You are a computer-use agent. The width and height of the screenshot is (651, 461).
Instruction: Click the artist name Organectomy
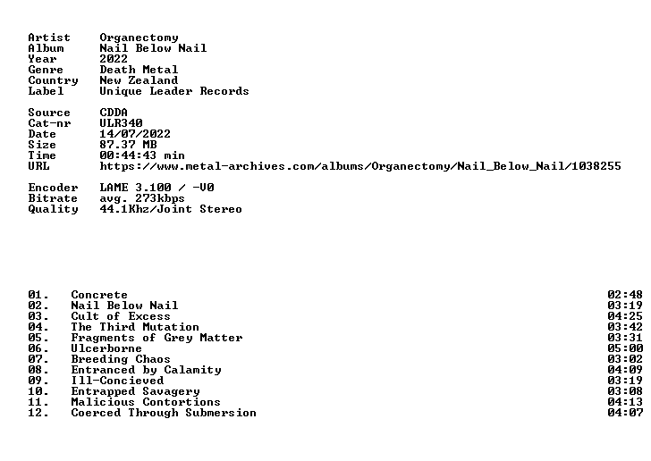[139, 38]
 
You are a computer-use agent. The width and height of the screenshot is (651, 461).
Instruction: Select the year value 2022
[114, 59]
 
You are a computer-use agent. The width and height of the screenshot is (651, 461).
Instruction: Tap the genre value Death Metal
[139, 70]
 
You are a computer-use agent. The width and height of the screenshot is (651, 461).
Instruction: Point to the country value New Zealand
[139, 80]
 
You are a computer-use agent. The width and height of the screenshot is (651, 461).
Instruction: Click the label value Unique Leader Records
[174, 91]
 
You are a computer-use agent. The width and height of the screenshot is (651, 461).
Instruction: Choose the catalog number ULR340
[122, 123]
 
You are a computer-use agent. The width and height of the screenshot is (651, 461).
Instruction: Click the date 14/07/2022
[135, 134]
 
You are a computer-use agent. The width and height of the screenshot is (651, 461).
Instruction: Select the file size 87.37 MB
[128, 145]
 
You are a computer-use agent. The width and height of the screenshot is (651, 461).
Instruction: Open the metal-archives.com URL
[360, 166]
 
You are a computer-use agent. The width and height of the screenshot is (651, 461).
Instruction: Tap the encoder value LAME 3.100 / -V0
[157, 188]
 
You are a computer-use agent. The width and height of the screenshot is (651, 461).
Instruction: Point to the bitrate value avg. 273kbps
[142, 198]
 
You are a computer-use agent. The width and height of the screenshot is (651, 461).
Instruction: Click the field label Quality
[53, 210]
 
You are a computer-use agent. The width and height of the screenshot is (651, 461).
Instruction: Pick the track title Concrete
[99, 295]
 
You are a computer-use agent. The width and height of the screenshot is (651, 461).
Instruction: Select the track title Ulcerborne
[106, 348]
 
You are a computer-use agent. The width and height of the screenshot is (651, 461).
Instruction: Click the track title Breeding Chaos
[121, 359]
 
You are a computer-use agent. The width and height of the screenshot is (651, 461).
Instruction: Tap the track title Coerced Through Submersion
[164, 413]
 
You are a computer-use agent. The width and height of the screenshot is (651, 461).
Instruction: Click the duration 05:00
[625, 348]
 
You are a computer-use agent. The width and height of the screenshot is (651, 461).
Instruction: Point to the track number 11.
[38, 402]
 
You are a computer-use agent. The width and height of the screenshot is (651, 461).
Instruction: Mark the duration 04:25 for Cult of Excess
[625, 316]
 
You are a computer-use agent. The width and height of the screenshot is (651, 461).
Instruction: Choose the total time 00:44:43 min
[142, 155]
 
